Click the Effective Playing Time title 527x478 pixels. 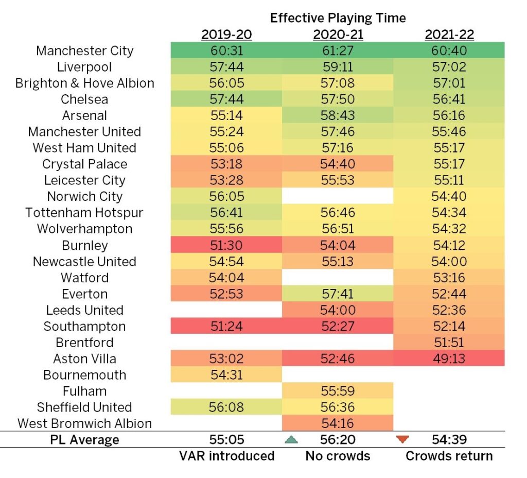point(338,18)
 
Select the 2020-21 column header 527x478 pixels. point(338,35)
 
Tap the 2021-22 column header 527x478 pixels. point(449,35)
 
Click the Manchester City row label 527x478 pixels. point(85,51)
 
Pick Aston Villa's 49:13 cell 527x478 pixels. point(449,358)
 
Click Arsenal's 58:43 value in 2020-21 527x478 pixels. point(338,115)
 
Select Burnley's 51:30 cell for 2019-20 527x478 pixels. point(226,245)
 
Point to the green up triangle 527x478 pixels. point(292,440)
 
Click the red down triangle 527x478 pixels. point(402,440)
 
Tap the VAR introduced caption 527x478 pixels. point(226,456)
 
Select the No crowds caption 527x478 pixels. point(338,456)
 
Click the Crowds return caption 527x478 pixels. point(449,456)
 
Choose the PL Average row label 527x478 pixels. point(85,440)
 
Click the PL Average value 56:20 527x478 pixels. point(338,440)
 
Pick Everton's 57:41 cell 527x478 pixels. point(338,294)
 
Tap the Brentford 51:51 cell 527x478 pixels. point(449,343)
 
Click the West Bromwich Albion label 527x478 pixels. point(85,423)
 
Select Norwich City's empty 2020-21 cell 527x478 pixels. point(338,197)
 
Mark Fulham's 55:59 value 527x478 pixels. point(338,391)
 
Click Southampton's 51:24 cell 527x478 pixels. point(226,327)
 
